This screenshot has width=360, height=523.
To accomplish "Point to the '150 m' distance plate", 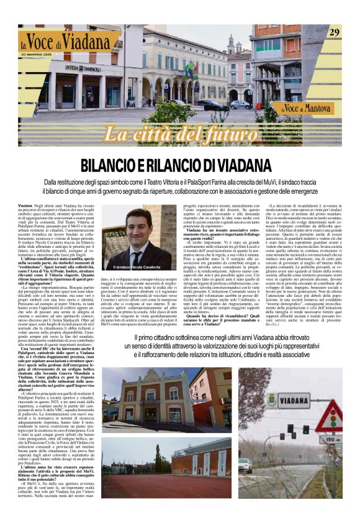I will (x=328, y=439).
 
